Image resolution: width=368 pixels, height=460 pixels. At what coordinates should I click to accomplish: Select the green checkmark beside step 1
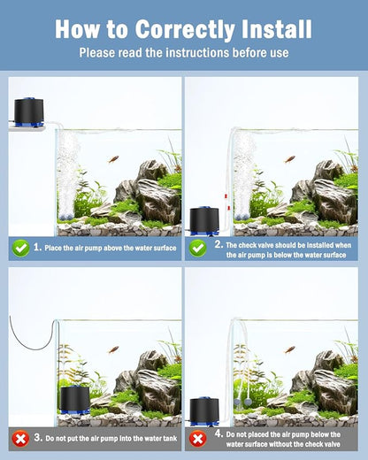19,249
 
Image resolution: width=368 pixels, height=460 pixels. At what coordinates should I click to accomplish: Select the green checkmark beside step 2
199,249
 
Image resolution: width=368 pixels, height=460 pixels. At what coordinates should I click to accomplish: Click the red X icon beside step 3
19,437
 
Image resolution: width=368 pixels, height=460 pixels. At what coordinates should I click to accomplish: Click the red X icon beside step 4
199,437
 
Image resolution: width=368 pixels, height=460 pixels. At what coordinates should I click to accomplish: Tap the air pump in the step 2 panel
204,220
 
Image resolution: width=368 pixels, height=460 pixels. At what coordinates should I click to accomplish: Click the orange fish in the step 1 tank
112,159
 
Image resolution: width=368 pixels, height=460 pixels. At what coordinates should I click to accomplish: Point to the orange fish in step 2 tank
289,159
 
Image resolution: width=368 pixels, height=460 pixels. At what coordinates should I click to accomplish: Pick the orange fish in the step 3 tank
112,349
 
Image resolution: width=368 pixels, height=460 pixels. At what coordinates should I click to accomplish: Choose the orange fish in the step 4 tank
289,349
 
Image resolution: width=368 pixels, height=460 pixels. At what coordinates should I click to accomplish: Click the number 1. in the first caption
37,249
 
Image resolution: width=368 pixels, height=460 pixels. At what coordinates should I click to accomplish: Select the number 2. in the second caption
218,243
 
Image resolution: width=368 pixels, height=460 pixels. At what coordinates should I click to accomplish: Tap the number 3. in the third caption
37,437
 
